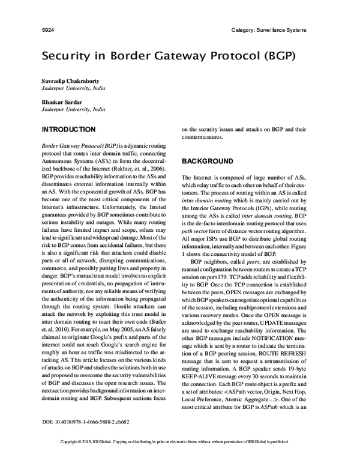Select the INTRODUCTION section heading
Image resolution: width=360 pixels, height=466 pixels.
point(68,130)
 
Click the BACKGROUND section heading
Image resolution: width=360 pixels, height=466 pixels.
point(207,162)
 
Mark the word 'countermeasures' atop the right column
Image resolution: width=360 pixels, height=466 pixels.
point(206,138)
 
